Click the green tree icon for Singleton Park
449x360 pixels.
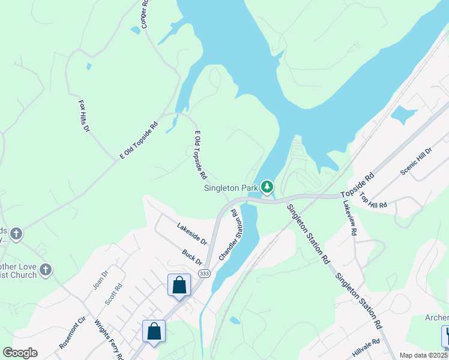click(267, 188)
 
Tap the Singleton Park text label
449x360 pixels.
click(231, 188)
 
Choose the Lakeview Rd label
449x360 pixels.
click(350, 218)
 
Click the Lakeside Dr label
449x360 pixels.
click(191, 233)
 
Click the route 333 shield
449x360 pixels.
click(203, 274)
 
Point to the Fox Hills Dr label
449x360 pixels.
click(84, 116)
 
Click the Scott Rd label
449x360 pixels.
click(113, 293)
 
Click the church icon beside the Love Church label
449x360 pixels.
click(46, 271)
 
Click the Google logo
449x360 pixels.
click(20, 352)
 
